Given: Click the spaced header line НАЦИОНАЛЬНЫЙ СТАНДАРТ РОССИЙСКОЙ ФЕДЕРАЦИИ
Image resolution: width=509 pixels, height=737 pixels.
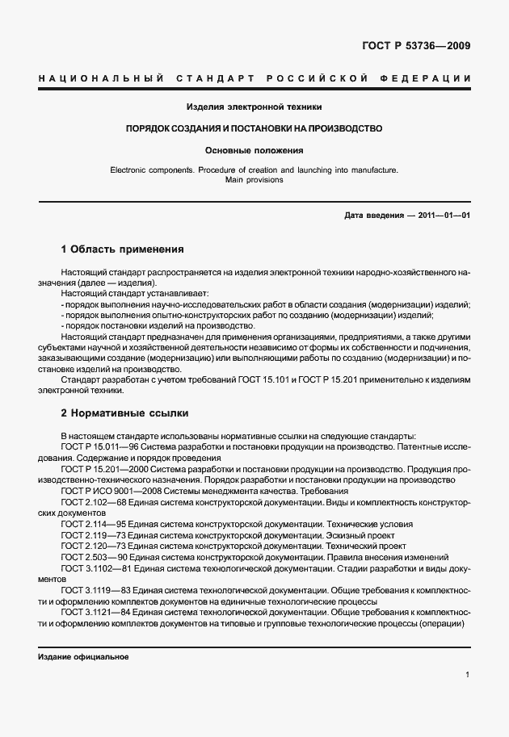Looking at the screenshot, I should click(254, 78).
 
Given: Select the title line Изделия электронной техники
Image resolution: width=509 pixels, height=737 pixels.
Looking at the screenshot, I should click(254, 107).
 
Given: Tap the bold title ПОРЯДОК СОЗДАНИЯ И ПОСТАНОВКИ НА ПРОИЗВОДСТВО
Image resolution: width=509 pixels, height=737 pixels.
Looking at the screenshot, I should click(254, 128).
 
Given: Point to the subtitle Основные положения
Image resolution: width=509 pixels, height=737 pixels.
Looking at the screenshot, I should click(254, 150).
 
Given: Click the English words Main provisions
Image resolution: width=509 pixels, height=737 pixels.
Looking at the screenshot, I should click(254, 181).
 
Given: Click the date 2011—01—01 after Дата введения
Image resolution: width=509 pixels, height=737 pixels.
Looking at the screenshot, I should click(444, 216).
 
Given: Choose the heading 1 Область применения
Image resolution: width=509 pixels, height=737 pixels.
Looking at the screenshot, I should click(123, 249).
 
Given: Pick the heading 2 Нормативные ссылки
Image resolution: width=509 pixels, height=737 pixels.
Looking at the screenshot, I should click(124, 413).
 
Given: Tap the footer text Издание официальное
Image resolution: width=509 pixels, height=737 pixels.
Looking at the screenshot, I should click(83, 657).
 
